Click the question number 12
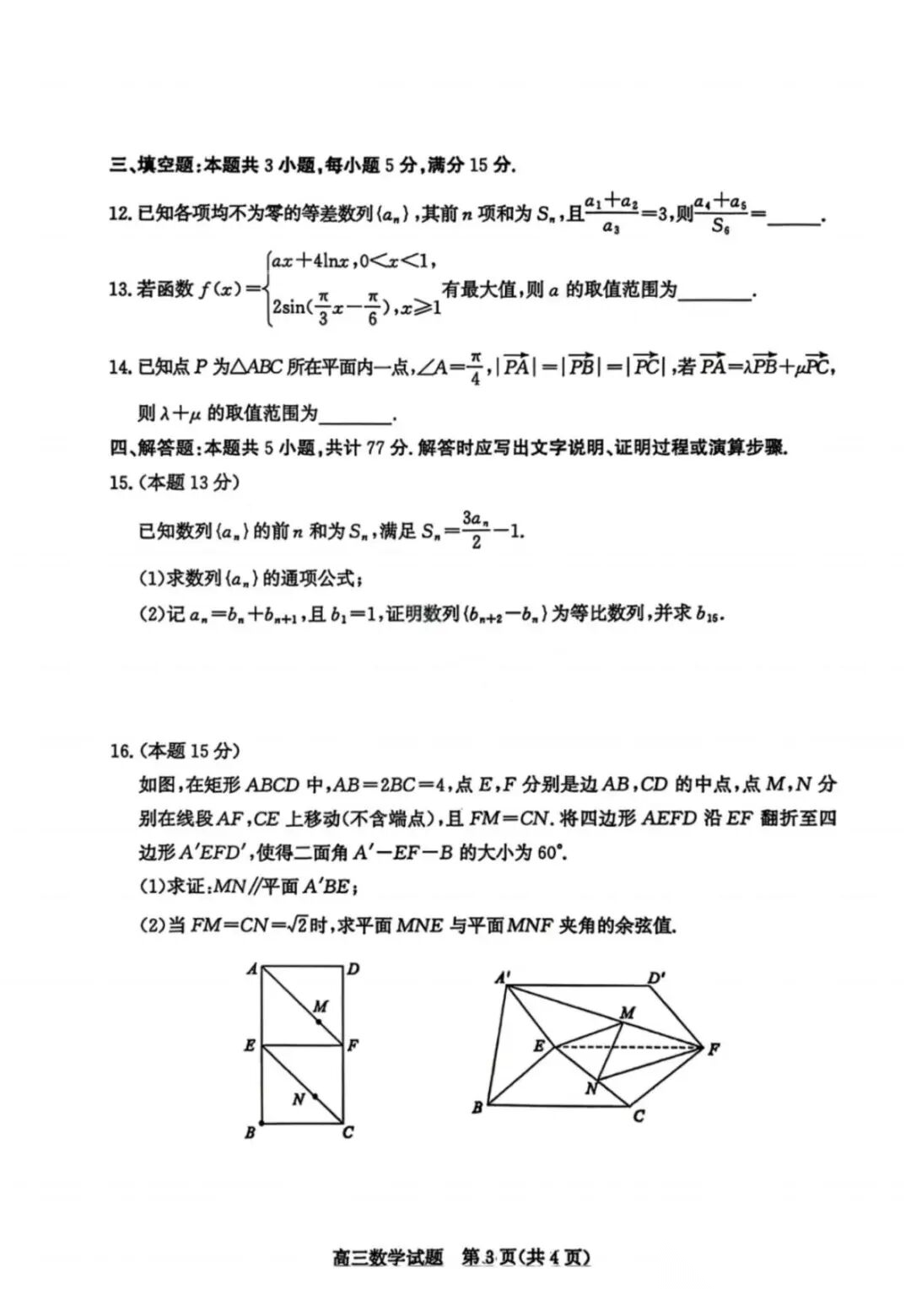click(120, 214)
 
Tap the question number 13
click(120, 291)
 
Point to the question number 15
click(120, 483)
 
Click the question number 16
click(120, 750)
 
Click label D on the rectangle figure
click(353, 969)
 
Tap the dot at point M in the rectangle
click(319, 1022)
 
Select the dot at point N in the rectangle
click(315, 1097)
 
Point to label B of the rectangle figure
click(250, 1133)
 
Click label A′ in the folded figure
click(502, 978)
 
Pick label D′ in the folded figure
click(656, 978)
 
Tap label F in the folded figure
click(714, 1049)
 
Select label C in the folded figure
click(639, 1116)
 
